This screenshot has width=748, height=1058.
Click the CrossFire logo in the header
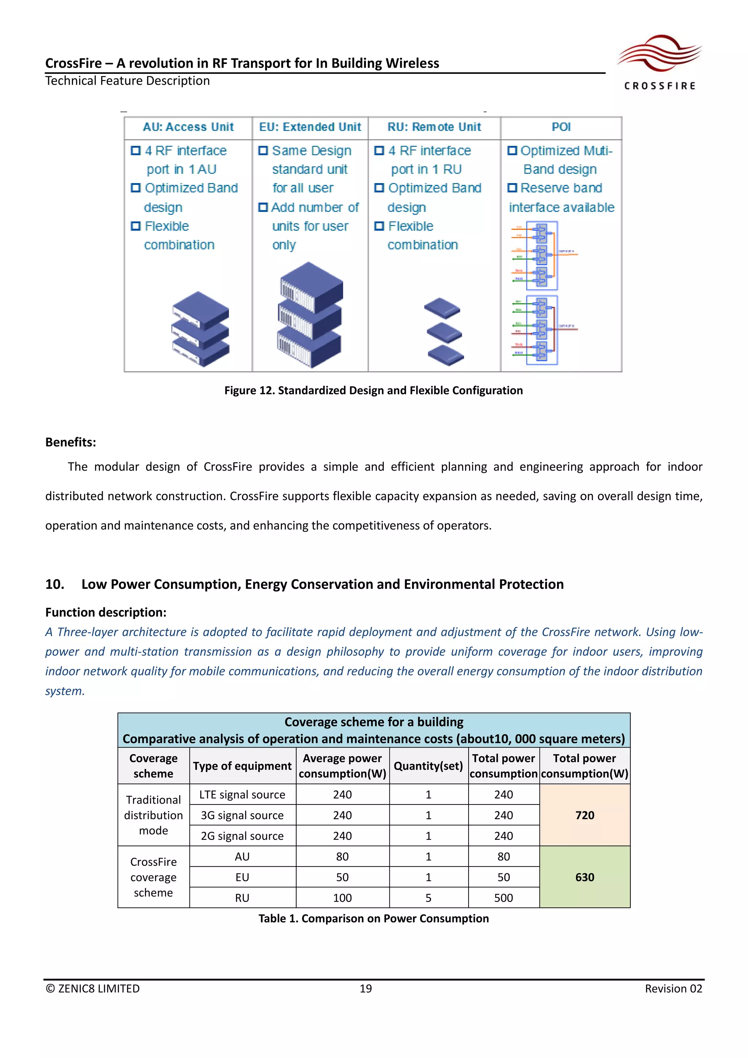[x=660, y=62]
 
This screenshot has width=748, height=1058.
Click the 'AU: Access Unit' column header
[x=188, y=127]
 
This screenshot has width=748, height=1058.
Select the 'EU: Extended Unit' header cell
[x=310, y=127]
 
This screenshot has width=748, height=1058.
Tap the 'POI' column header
[x=561, y=127]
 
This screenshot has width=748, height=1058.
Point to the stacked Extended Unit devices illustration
[x=310, y=315]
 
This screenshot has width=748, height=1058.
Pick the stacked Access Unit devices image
[x=201, y=329]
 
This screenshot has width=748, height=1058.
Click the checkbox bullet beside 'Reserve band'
[x=512, y=188]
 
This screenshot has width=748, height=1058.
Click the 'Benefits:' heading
[x=70, y=442]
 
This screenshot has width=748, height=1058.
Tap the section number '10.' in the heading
[x=54, y=584]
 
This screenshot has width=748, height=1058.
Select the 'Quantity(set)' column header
[x=428, y=766]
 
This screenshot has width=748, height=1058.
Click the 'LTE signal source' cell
[x=242, y=795]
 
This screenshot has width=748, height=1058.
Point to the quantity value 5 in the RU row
[x=428, y=898]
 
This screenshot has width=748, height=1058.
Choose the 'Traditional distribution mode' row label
[x=153, y=815]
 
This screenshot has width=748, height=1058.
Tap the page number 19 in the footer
[x=366, y=989]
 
